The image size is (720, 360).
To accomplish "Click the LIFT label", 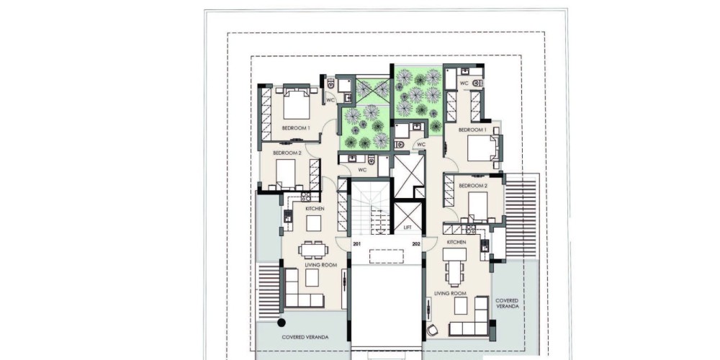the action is tap(408, 228).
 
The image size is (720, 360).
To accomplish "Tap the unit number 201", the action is tap(357, 244).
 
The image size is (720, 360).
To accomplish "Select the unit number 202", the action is tap(416, 244).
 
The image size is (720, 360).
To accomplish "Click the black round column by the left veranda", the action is tap(282, 323).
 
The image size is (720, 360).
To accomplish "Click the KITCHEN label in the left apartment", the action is tap(315, 209).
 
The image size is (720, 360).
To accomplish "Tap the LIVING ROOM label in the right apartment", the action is tap(451, 294).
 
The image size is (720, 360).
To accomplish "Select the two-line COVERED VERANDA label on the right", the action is tap(507, 303).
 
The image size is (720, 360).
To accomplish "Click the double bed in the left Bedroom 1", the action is tap(297, 104).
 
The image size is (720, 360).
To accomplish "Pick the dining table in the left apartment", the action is tap(313, 250).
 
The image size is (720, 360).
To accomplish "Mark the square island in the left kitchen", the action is tap(314, 224).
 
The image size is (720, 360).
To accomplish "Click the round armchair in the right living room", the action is tap(432, 330).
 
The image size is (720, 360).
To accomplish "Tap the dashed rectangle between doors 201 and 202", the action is tap(387, 256).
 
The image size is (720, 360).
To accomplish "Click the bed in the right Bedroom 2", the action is tap(477, 206).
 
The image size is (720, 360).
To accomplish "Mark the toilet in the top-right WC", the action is tap(477, 83).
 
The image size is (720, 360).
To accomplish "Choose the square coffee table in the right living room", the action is tap(461, 305).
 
